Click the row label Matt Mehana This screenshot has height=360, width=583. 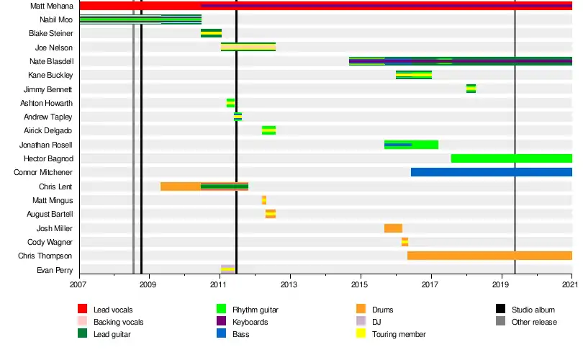tap(52, 6)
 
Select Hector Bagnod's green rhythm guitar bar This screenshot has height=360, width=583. tap(512, 158)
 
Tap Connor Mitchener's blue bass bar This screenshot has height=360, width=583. tap(492, 172)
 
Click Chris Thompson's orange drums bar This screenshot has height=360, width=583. tap(489, 256)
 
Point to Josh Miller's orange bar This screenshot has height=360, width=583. tap(394, 228)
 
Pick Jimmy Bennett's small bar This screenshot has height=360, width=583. tap(471, 89)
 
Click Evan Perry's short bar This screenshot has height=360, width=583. tap(228, 269)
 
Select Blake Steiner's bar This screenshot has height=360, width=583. tap(211, 33)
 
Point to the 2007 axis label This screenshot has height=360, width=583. tap(77, 285)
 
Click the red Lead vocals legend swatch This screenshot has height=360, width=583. tap(82, 309)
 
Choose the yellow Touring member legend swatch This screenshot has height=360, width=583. tap(361, 333)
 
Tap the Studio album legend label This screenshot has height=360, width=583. tap(533, 310)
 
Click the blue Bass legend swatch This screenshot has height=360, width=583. tap(221, 333)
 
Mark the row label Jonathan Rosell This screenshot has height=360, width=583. tap(46, 145)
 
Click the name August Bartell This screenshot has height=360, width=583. tap(50, 215)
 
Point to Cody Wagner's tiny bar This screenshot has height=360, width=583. tap(405, 242)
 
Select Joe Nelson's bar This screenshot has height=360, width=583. tap(248, 47)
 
